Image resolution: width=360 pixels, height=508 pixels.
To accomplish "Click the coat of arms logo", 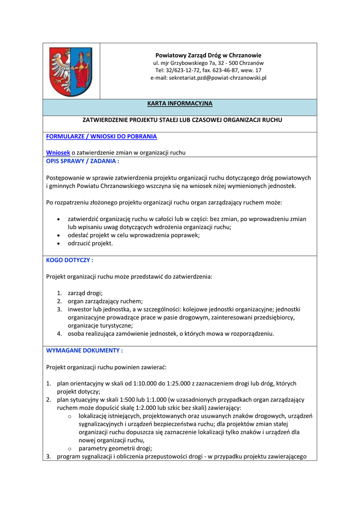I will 71,71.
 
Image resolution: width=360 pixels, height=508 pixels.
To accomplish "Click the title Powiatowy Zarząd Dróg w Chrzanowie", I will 208,55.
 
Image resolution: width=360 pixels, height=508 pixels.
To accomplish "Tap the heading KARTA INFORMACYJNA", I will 179,104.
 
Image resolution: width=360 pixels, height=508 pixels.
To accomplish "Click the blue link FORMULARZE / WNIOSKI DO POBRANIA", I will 101,136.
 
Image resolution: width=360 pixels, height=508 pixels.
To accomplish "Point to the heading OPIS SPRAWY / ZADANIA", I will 82,161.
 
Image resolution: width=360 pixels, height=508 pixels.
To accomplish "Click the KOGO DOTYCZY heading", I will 70,260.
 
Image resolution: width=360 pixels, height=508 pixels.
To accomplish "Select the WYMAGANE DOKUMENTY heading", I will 84,350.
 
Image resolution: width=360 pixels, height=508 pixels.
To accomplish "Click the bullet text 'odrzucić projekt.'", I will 90,243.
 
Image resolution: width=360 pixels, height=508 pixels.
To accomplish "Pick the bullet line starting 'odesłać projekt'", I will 134,235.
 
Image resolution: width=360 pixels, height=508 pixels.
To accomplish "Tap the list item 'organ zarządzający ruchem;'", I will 105,301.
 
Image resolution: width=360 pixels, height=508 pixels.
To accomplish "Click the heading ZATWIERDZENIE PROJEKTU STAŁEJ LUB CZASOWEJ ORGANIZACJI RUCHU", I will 182,120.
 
